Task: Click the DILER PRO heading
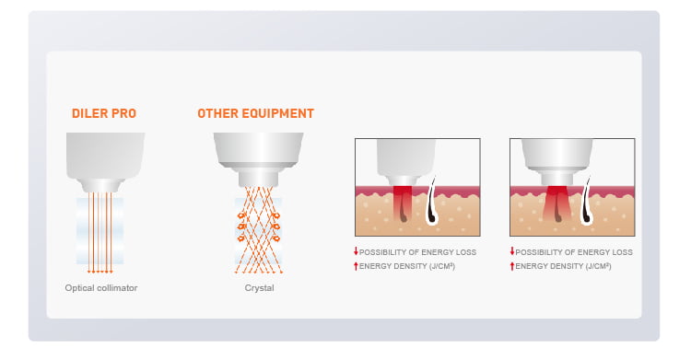point(104,113)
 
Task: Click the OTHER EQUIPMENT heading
point(255,113)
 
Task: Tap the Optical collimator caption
point(101,288)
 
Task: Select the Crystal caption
point(259,288)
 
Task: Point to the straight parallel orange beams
point(100,232)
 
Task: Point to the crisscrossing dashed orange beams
point(258,229)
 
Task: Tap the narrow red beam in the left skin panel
point(403,203)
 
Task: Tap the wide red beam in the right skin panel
point(557,203)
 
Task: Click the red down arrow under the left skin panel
point(356,251)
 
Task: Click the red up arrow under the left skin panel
point(356,266)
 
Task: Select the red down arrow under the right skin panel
point(512,251)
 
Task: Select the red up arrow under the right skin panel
point(512,266)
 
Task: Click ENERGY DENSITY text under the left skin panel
point(406,266)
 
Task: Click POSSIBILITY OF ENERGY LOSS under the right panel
point(574,252)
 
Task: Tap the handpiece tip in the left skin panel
point(403,180)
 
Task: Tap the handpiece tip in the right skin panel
point(557,178)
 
